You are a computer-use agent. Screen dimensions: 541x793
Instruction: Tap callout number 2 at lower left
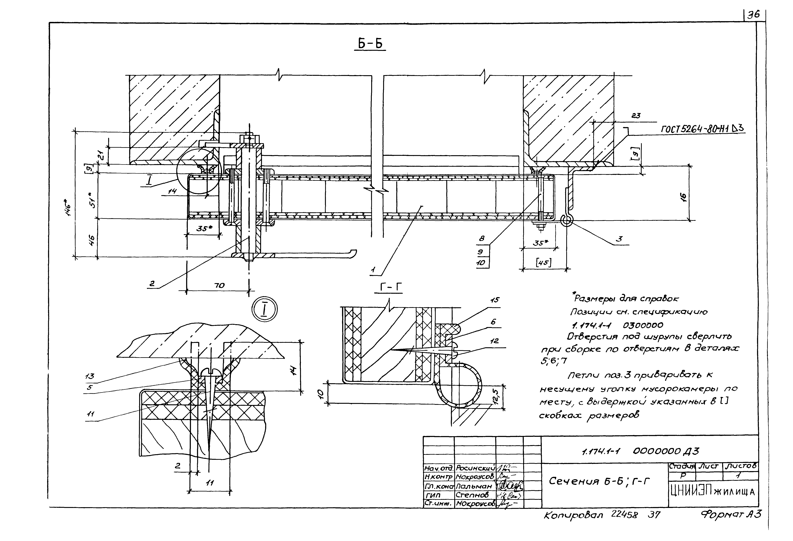click(152, 283)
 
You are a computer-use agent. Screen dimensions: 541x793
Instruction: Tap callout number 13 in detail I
click(90, 376)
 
